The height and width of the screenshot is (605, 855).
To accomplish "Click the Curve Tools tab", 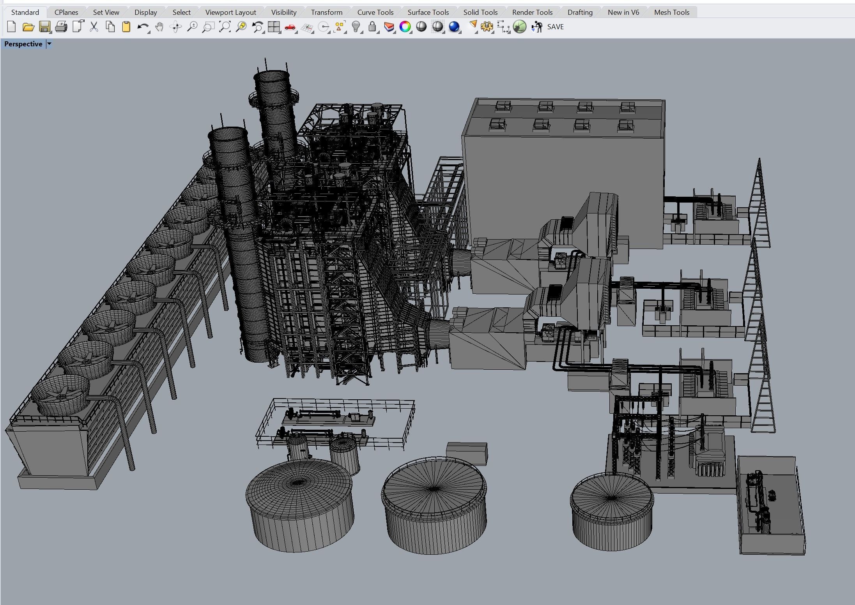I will coord(375,12).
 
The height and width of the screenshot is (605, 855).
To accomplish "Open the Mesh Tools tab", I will coord(671,12).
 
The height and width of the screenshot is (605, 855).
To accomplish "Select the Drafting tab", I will coord(580,12).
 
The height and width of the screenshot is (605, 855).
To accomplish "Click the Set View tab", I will coord(106,12).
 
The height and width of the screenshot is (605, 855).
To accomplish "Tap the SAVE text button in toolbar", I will coord(555,27).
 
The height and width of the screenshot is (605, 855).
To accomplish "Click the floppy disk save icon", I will coord(45,27).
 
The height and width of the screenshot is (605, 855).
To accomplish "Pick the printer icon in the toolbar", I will coord(61,27).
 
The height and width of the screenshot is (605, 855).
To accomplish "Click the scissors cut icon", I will coord(94,27).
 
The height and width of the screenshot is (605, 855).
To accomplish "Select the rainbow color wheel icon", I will coord(405,27).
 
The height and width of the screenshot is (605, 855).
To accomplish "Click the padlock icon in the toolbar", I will coord(372,27).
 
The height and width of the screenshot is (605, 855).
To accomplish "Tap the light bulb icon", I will coord(356,27).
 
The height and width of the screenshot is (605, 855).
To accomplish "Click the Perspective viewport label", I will coord(23,44).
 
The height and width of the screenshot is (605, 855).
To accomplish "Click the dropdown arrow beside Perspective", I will coord(49,44).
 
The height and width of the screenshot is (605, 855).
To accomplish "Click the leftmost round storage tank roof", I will coord(299,482).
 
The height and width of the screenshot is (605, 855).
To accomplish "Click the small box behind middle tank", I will coord(467,452).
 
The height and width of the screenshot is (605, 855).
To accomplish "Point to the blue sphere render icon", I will coord(454,27).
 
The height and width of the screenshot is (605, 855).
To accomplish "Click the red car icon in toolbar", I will coord(290,27).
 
